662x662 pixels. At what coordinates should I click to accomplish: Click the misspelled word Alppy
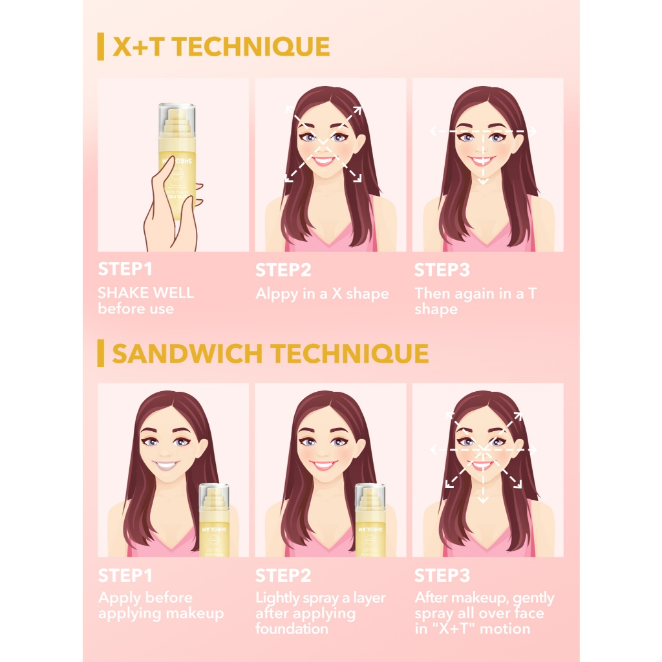tap(276, 294)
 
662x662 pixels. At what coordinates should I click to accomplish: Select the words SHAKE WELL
tap(145, 293)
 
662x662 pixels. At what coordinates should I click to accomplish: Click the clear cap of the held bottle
tap(176, 113)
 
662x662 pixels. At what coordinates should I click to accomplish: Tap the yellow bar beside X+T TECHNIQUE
tap(101, 47)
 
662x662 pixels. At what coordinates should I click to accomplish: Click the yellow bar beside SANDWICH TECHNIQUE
tap(101, 354)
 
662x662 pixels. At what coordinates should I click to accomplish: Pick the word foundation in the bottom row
tap(292, 628)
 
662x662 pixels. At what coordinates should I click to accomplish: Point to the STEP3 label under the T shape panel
tap(442, 270)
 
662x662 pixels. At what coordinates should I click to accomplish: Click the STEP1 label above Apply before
tap(125, 575)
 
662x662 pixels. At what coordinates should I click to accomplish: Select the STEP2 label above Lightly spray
tap(283, 575)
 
